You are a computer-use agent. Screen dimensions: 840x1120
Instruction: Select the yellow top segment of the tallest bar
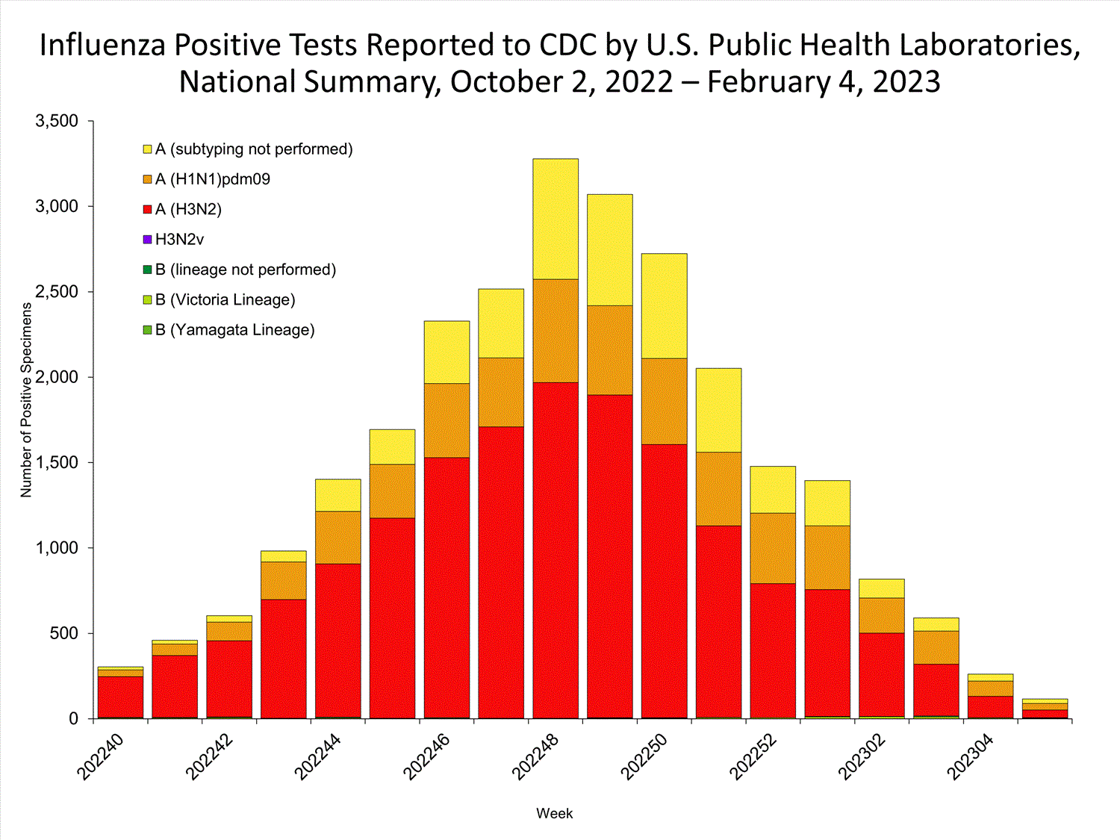click(556, 219)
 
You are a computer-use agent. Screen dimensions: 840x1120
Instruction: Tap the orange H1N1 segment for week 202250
click(665, 401)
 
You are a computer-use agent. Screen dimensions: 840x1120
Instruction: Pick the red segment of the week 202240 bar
click(120, 697)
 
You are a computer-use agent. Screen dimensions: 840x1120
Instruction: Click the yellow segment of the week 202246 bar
click(447, 352)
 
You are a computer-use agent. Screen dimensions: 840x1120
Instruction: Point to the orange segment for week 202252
click(773, 548)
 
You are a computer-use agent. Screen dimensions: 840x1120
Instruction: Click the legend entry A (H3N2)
click(188, 210)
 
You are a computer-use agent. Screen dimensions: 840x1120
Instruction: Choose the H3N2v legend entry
click(179, 240)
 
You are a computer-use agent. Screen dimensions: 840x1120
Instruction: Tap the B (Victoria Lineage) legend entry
click(225, 300)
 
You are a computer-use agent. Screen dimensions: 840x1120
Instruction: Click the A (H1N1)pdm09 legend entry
click(212, 179)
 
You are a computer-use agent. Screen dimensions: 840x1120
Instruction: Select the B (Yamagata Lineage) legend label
click(234, 330)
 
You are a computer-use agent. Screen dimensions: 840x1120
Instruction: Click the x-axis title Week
click(554, 814)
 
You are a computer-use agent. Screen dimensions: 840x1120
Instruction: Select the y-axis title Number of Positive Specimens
click(27, 399)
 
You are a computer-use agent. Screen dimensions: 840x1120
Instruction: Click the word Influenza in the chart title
click(103, 46)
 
